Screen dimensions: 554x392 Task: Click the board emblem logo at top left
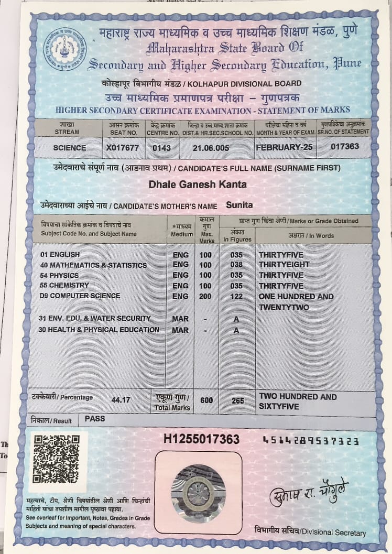[64, 50]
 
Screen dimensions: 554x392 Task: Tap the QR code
[56, 458]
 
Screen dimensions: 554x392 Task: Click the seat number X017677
[122, 148]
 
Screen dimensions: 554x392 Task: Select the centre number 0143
[161, 148]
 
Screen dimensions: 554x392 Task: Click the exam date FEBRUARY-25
[284, 147]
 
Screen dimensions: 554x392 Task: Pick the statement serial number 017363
[345, 147]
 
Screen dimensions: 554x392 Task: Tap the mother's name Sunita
[239, 205]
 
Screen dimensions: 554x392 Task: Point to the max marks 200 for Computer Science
[205, 297]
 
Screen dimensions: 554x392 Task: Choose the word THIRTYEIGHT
[284, 265]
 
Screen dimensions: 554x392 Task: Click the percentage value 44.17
[121, 399]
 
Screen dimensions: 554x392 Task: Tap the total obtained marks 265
[238, 400]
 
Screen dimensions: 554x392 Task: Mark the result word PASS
[94, 419]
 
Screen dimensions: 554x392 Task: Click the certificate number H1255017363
[202, 439]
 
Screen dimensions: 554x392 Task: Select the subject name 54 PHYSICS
[60, 276]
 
